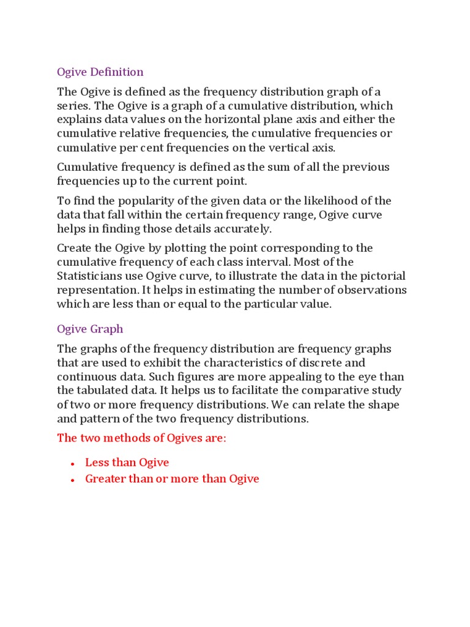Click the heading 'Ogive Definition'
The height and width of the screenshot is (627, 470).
coord(100,72)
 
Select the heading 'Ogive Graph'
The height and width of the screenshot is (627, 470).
coord(90,329)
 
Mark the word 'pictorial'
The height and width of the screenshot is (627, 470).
coord(382,276)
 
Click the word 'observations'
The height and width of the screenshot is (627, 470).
coord(370,290)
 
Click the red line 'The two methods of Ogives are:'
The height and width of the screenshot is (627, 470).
coord(141,438)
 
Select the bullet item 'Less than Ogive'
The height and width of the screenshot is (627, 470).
coord(127,462)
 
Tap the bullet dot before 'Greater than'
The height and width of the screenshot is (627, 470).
coord(72,480)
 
